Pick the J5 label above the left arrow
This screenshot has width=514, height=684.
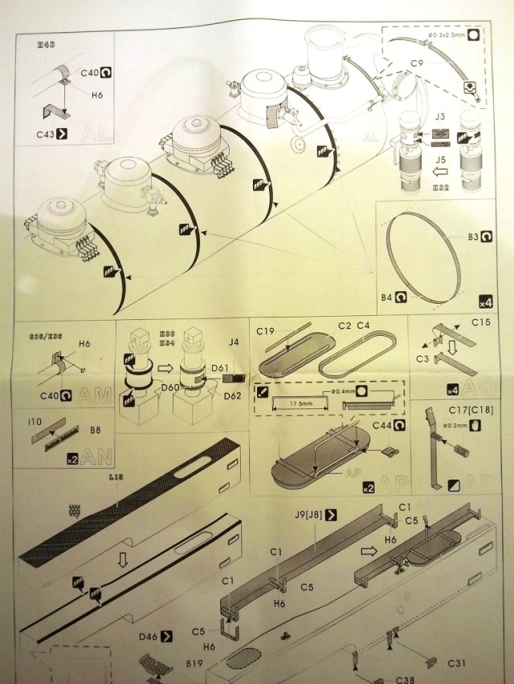439,159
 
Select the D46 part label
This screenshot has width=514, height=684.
147,636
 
